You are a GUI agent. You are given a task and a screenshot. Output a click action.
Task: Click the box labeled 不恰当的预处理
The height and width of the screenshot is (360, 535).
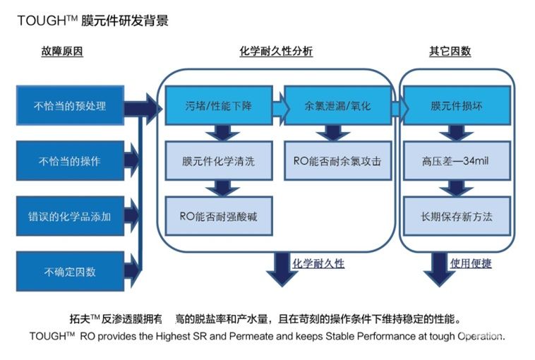coord(70,106)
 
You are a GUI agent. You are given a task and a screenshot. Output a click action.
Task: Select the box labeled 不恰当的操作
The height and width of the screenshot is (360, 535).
coord(70,161)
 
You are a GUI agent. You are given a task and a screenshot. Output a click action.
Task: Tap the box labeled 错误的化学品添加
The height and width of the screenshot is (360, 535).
coord(70,216)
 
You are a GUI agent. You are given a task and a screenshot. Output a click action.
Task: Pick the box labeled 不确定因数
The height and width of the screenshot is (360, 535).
coord(70,271)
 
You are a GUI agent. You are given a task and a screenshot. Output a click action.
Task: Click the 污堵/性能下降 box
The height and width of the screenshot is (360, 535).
coord(218,106)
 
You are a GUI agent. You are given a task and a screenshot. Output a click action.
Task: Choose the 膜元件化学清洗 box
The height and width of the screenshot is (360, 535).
coord(218,161)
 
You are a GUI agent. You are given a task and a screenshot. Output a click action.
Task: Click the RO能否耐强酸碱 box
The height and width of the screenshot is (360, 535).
coord(218,216)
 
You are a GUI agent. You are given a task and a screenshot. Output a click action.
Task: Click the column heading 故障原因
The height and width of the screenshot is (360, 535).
coord(62,52)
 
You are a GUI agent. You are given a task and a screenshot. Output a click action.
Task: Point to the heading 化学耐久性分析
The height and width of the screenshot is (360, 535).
coord(276,52)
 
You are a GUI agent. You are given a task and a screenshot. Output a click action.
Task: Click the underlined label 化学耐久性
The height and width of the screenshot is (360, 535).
coord(318,263)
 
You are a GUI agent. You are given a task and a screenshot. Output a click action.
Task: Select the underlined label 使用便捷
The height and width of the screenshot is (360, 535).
coord(471,263)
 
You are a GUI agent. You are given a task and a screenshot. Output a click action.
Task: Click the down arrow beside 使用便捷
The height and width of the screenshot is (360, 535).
coord(441,268)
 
